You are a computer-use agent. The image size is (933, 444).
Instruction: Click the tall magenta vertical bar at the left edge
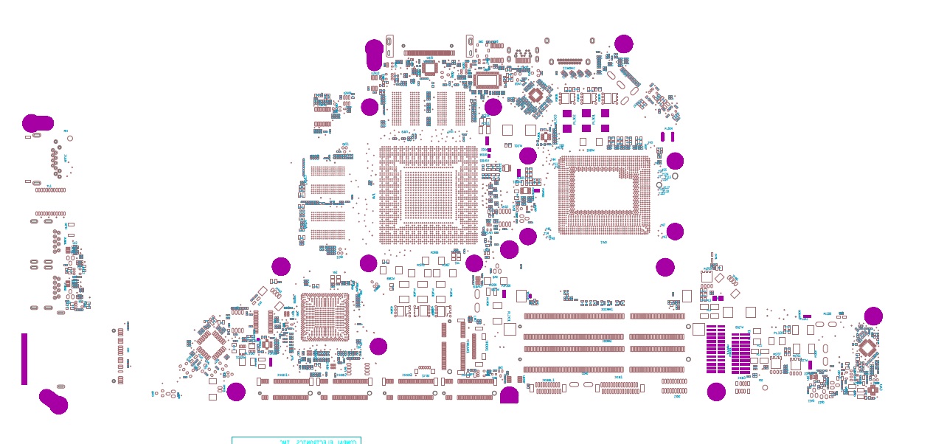[x=24, y=358]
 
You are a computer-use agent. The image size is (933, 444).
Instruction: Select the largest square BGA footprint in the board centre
[x=428, y=195]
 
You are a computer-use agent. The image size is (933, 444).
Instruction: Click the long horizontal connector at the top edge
[x=429, y=53]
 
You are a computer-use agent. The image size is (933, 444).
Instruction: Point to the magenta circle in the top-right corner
[x=623, y=44]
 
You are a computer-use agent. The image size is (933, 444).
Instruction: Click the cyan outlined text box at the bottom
[x=296, y=440]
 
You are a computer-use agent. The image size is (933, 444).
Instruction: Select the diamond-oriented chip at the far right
[x=867, y=347]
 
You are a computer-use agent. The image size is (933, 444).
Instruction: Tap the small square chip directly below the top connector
[x=429, y=69]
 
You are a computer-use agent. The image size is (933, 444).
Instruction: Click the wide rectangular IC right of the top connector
[x=488, y=80]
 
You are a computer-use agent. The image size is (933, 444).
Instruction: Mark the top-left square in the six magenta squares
[x=567, y=114]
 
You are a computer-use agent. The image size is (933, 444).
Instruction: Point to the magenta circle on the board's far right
[x=873, y=316]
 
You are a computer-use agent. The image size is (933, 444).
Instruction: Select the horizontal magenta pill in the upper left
[x=38, y=123]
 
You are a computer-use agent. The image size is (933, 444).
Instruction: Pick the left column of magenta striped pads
[x=715, y=349]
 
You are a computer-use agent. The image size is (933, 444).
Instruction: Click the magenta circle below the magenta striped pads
[x=716, y=392]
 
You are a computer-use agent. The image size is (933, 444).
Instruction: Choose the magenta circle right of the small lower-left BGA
[x=378, y=346]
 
